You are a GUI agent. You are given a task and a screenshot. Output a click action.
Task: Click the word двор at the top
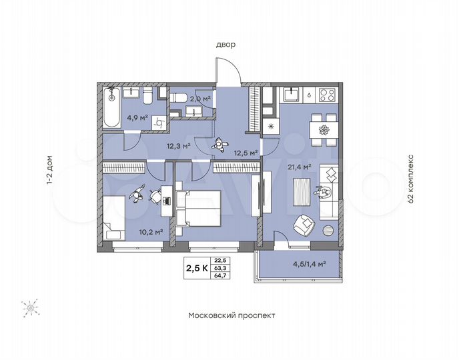[225, 45]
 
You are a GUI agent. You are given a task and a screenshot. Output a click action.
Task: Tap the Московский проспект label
[231, 315]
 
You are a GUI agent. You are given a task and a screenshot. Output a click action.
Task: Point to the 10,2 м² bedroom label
[149, 233]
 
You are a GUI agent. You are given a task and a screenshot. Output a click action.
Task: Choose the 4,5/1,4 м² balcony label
[309, 263]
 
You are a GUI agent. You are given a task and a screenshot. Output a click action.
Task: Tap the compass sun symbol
[30, 308]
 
